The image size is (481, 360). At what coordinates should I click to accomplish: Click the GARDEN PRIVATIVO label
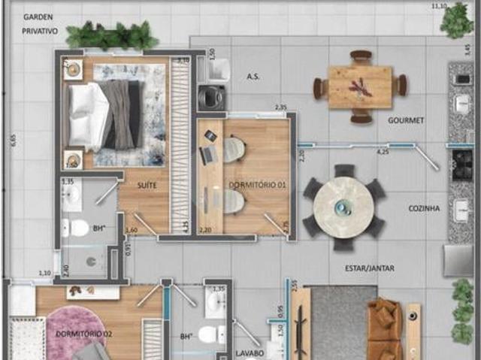(x=40, y=24)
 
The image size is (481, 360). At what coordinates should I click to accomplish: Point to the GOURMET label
(x=406, y=119)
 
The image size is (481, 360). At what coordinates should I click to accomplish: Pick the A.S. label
(x=253, y=77)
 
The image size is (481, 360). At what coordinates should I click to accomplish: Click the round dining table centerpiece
(x=343, y=207)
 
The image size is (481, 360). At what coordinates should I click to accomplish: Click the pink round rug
(x=77, y=325)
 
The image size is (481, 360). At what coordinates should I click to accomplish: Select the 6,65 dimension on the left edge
(x=12, y=141)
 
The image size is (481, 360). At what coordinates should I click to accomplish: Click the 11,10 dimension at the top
(x=438, y=6)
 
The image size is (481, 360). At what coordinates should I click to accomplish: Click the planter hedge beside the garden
(x=113, y=36)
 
